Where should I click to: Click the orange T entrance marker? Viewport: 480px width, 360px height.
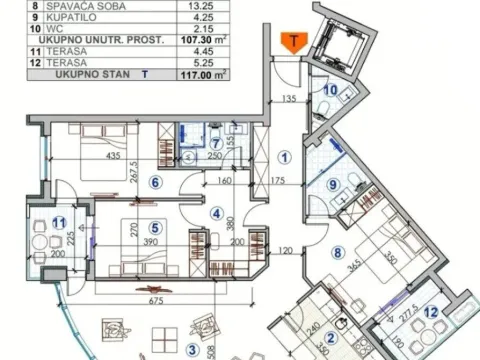[293, 42]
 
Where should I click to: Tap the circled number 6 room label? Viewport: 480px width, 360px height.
[154, 182]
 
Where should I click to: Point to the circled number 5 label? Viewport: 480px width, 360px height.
[154, 227]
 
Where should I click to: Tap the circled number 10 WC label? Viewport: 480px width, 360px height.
[331, 88]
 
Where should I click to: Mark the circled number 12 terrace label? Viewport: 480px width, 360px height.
[432, 311]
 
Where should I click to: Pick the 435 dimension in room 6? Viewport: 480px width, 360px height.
[89, 156]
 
